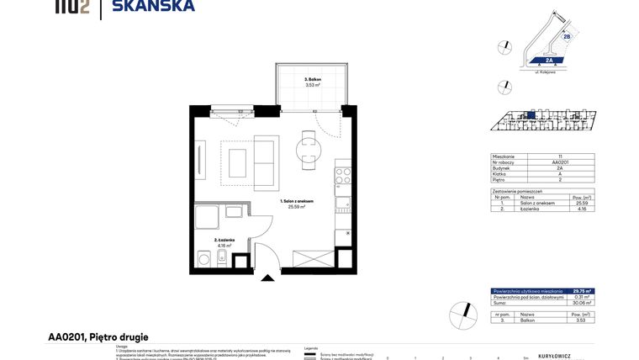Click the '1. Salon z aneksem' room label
[x=298, y=204]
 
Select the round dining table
[x=306, y=150]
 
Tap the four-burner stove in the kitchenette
[x=343, y=177]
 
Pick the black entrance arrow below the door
[x=267, y=277]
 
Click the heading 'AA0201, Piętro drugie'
[x=98, y=337]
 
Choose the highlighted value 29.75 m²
[x=582, y=291]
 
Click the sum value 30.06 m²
[x=582, y=303]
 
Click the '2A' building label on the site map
[x=548, y=61]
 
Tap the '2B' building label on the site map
[x=566, y=37]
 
